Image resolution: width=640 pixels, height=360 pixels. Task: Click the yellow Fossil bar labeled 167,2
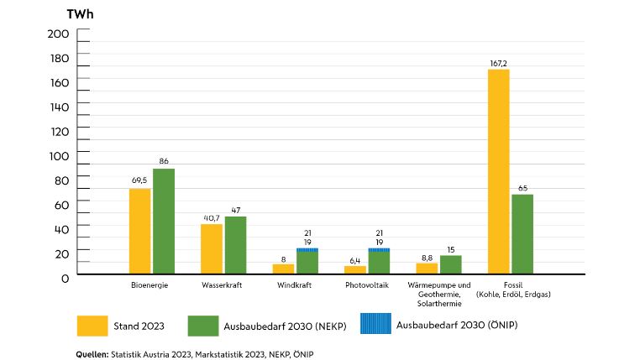(x=498, y=171)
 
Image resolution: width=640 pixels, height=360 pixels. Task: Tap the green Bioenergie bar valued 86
(x=164, y=221)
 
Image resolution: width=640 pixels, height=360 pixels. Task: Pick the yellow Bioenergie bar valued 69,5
(x=139, y=231)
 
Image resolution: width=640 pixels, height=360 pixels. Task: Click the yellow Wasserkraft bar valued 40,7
(x=212, y=248)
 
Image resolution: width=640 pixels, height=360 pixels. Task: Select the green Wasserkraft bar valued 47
(x=235, y=245)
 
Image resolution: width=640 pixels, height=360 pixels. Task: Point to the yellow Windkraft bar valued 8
(x=283, y=269)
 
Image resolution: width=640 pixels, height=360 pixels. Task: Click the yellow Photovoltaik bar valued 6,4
(x=354, y=269)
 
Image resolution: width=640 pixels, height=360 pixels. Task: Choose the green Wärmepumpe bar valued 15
(x=451, y=264)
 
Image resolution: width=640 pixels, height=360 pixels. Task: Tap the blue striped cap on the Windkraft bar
(x=307, y=249)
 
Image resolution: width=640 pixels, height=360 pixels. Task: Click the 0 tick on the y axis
(x=64, y=277)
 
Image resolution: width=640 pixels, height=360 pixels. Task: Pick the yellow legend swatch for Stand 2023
(x=98, y=326)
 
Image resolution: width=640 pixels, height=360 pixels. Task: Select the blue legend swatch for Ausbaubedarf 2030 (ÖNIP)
(x=374, y=324)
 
